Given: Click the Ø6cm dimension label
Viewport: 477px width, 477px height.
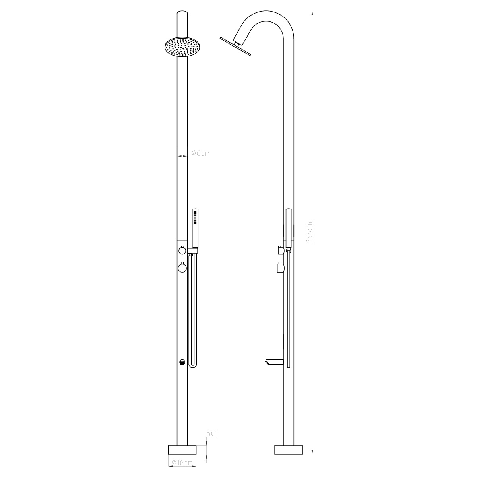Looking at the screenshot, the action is tap(200, 153).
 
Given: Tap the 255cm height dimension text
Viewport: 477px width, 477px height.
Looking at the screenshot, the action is tap(310, 232).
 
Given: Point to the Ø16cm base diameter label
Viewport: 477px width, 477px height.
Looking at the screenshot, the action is tap(182, 462).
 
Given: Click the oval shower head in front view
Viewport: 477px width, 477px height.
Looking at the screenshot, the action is tap(182, 47).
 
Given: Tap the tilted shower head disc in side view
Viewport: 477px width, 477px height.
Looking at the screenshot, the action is tap(235, 46).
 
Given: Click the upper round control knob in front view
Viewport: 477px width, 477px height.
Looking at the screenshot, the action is tap(182, 250).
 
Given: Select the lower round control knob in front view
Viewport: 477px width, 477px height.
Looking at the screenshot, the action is tap(182, 268).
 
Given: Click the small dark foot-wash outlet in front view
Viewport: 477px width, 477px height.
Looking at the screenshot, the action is tap(182, 362).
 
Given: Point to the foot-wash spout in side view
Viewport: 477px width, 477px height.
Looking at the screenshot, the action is tap(274, 362).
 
